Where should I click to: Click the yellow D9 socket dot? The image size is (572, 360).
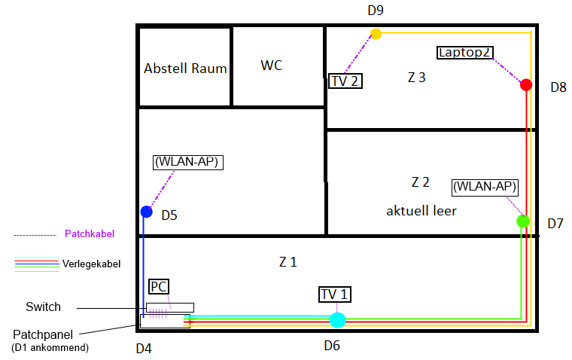point(376,34)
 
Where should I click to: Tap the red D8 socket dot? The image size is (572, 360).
point(526,84)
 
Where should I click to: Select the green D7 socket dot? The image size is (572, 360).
point(523,221)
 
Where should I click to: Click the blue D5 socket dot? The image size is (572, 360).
point(146,212)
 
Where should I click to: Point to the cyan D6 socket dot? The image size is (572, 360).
point(337,320)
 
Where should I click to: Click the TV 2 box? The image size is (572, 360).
point(345,81)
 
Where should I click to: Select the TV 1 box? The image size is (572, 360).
point(335,294)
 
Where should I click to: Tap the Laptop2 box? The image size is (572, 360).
point(465,53)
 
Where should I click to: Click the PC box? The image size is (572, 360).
point(159,287)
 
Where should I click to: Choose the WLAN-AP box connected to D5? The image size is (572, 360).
point(188,162)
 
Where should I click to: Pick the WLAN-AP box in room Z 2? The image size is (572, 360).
point(485,188)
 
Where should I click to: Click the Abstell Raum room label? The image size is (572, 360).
point(185,69)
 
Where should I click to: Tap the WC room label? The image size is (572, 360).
point(272,66)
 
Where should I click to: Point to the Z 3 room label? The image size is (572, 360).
point(417,78)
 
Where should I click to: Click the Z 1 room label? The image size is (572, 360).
point(288,262)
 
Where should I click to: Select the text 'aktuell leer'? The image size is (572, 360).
point(421,211)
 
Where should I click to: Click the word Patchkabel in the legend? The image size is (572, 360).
point(90,233)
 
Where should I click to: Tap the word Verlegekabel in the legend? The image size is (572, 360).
point(91,264)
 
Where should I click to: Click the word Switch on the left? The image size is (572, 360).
point(43,307)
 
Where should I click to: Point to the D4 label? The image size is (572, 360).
point(144,349)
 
